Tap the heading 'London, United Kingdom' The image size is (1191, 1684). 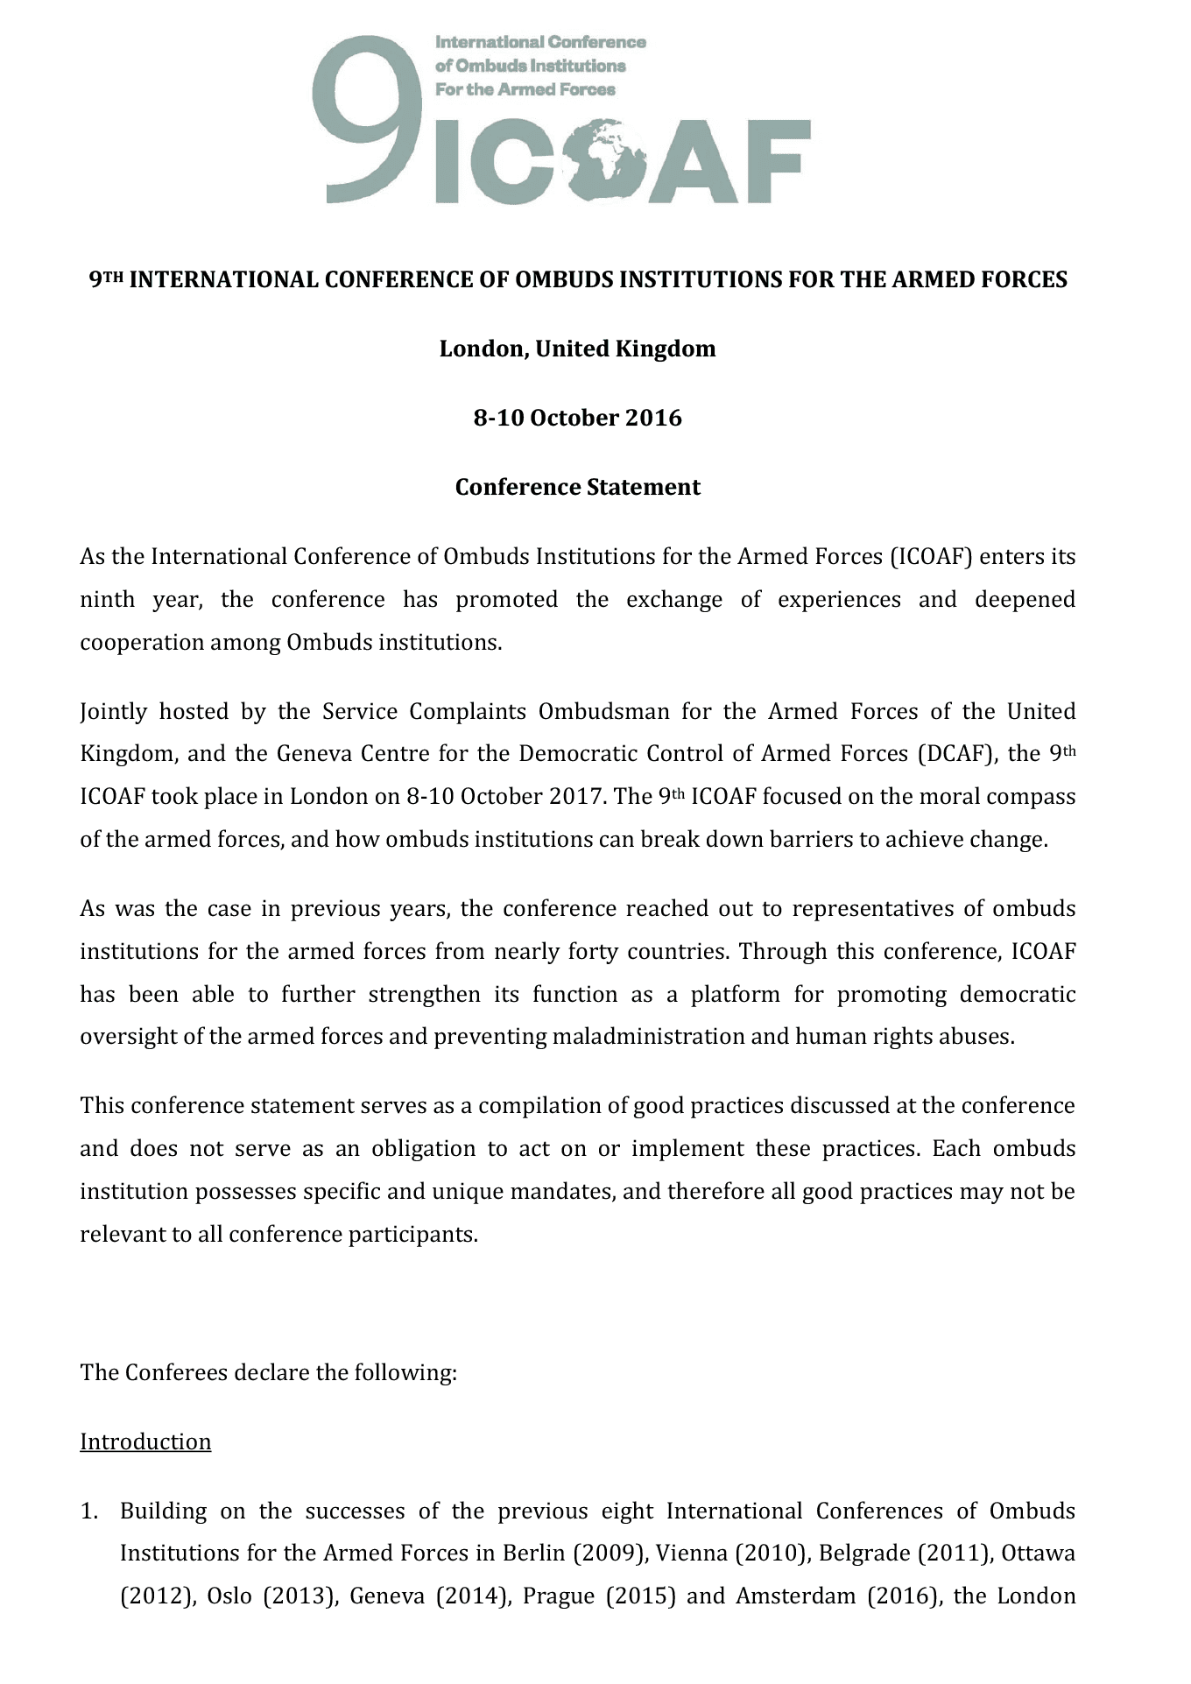[x=577, y=349]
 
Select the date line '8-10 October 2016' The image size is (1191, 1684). [x=577, y=418]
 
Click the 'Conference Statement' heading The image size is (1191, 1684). [x=577, y=487]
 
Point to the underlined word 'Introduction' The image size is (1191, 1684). [x=145, y=1441]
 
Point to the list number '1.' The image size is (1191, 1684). [x=88, y=1511]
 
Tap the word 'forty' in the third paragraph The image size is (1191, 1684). [x=593, y=951]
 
